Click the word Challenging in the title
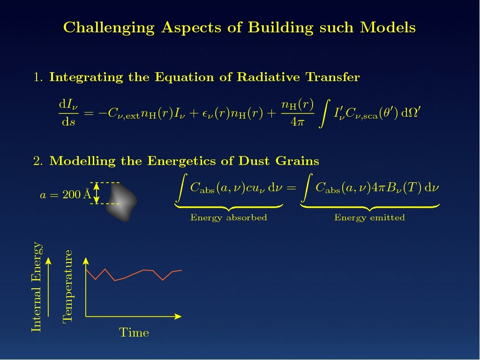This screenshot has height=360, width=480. [109, 28]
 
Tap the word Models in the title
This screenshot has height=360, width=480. [388, 27]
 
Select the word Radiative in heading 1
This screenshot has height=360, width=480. [268, 77]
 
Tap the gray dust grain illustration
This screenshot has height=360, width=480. [121, 202]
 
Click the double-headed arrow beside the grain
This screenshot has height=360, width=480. [97, 193]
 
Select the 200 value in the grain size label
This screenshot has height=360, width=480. [72, 195]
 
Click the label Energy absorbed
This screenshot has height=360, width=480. [229, 217]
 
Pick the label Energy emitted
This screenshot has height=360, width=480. [369, 217]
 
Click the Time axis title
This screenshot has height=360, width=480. [134, 332]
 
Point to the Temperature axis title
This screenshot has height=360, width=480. [67, 286]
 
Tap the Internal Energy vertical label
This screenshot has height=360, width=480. [37, 287]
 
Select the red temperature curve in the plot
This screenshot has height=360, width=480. [134, 275]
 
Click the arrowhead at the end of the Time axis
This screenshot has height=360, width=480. [178, 316]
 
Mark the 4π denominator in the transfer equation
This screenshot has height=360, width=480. [297, 122]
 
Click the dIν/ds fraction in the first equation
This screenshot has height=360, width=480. [68, 113]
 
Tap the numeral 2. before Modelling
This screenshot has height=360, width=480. [38, 161]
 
